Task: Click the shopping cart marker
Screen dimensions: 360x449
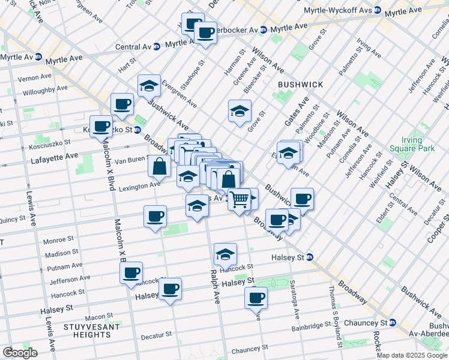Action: click(x=240, y=199)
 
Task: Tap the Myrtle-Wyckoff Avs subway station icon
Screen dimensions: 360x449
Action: click(x=378, y=9)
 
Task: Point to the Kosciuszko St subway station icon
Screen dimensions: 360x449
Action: click(x=137, y=130)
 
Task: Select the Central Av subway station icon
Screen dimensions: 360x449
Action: click(x=156, y=46)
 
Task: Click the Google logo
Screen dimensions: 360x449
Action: click(x=20, y=352)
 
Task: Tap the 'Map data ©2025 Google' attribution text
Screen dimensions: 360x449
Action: click(x=412, y=355)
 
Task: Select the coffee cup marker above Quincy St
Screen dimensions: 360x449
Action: click(x=155, y=216)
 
